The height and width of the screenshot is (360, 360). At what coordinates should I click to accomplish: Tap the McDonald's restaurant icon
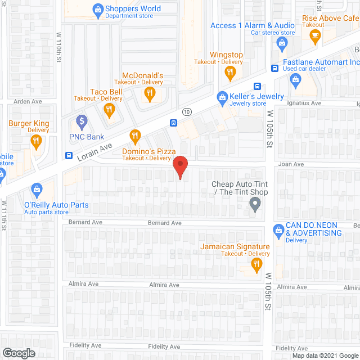[149, 94]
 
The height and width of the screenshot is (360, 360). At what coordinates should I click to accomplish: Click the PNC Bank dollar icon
[82, 120]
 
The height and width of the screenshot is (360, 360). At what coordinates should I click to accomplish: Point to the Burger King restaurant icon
[37, 141]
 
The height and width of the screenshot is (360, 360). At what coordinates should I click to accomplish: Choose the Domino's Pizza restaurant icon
[135, 136]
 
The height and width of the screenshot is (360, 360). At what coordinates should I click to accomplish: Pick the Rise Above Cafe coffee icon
[314, 36]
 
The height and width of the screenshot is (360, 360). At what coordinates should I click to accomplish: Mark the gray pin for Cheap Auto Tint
[255, 206]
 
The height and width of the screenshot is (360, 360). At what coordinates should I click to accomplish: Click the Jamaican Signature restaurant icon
[256, 264]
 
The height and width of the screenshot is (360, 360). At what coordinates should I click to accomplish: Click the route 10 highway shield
[187, 112]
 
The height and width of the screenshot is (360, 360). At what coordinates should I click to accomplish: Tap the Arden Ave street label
[28, 102]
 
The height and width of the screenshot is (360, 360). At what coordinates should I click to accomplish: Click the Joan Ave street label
[291, 164]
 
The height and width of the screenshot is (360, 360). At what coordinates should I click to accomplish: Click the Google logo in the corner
[18, 353]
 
